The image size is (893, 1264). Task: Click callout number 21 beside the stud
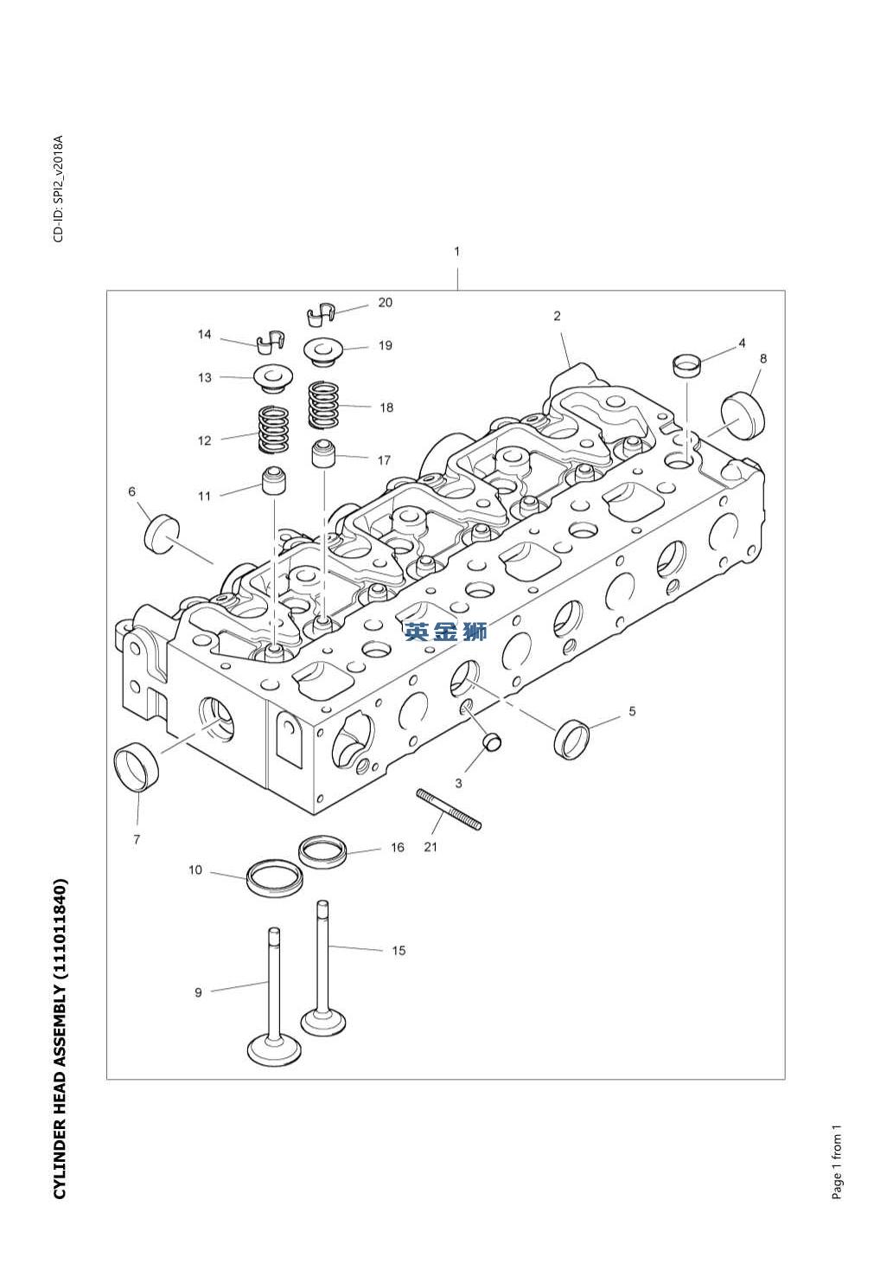tap(431, 847)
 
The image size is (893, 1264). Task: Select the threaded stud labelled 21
tap(449, 809)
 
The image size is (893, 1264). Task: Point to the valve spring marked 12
tap(274, 430)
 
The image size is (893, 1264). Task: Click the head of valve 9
tap(273, 1049)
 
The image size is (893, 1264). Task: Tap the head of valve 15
tap(323, 1021)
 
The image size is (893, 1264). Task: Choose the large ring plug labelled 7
tap(137, 765)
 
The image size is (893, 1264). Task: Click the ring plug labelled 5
tap(573, 738)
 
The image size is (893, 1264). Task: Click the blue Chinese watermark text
tap(445, 632)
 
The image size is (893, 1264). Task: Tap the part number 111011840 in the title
tap(59, 927)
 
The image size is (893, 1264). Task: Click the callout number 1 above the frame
tap(457, 252)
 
